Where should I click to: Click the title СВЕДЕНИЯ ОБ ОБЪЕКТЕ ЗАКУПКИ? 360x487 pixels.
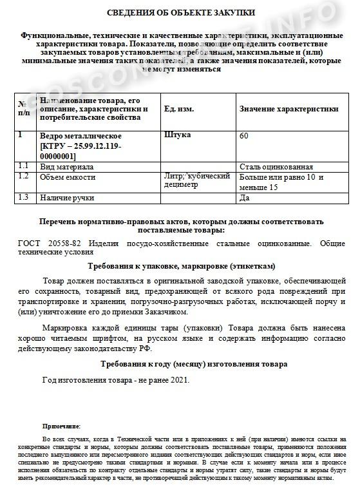tap(180, 12)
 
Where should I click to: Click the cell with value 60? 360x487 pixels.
tap(243, 137)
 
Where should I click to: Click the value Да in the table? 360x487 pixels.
tap(244, 198)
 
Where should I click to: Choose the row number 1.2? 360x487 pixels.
tap(24, 176)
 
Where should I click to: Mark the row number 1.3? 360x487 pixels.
tap(24, 197)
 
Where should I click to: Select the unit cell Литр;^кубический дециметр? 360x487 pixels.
tap(197, 181)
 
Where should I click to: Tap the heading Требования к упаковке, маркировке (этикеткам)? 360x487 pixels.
tap(180, 265)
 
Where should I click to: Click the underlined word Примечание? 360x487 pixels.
tap(61, 426)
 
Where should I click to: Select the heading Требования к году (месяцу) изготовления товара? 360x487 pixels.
tap(180, 364)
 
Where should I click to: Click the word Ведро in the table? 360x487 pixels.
tap(52, 137)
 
